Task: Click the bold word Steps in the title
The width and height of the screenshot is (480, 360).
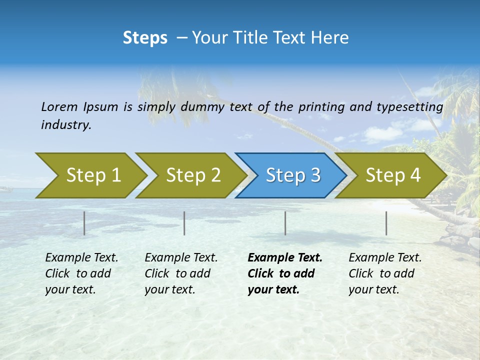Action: tap(145, 37)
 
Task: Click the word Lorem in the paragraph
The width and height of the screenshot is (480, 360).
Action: tap(59, 106)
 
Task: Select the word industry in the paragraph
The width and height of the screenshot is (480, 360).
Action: tap(66, 125)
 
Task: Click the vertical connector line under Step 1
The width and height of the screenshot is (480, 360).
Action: tap(84, 223)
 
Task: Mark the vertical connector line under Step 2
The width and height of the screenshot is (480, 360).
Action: tap(184, 223)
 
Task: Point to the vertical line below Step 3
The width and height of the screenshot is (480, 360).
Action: tap(285, 223)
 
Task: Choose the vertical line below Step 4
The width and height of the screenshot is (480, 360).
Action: tap(386, 223)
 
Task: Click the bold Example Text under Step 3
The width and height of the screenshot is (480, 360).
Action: tap(285, 258)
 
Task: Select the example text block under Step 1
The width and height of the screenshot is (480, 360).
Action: tap(81, 273)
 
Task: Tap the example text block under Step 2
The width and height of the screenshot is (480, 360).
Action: tap(181, 273)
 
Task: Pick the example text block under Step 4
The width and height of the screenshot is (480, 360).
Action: tap(385, 273)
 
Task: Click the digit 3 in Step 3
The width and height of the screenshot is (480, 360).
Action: tap(315, 175)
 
